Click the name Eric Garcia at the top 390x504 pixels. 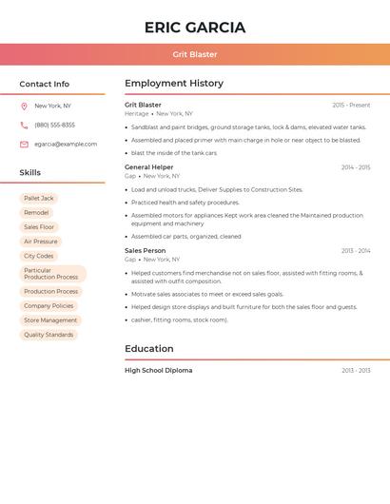pos(195,28)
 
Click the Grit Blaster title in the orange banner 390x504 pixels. pos(195,54)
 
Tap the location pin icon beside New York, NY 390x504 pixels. pos(24,106)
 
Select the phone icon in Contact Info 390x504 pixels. pos(24,125)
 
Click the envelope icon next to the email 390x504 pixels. pos(24,144)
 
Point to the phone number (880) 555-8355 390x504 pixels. pos(54,125)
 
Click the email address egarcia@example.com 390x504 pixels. pos(66,144)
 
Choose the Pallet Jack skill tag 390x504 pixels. pos(39,198)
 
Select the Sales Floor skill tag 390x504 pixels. pos(39,227)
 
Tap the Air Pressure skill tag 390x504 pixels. pos(40,242)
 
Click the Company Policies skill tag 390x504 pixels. pos(49,306)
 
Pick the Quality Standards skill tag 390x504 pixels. pos(49,335)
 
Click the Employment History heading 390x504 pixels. pos(174,84)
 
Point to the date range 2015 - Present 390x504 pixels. pos(351,106)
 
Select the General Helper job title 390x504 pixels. pos(149,167)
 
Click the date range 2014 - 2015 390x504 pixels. pos(356,167)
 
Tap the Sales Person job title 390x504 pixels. pos(146,251)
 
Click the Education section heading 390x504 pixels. pos(148,349)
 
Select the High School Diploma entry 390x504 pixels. pos(159,371)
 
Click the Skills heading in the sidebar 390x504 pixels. pos(30,173)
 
